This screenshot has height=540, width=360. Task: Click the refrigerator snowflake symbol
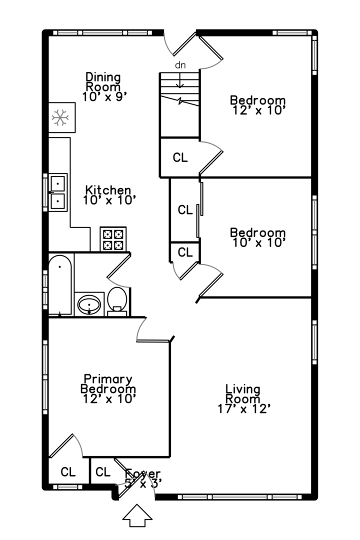click(x=60, y=118)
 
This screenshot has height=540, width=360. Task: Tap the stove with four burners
click(x=113, y=239)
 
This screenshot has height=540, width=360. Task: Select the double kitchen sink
click(x=58, y=192)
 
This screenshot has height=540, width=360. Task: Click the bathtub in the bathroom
click(x=60, y=284)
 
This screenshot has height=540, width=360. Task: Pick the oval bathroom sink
click(x=89, y=304)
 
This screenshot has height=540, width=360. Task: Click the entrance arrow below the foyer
click(x=137, y=515)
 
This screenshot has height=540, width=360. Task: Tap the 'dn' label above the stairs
click(x=180, y=65)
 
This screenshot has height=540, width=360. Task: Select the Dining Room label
click(x=103, y=82)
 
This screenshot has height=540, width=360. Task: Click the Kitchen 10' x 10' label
click(x=108, y=195)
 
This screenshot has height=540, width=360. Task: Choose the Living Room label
click(x=243, y=394)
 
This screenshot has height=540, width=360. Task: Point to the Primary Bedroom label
click(x=108, y=384)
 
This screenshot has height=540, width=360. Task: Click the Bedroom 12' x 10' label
click(x=258, y=104)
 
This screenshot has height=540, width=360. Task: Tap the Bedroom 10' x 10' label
click(x=258, y=237)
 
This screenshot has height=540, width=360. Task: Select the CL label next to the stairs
click(x=180, y=157)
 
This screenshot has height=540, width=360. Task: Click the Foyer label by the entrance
click(x=144, y=473)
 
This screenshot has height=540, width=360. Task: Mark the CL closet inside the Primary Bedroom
click(x=68, y=471)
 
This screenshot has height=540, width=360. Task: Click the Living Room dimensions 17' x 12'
click(x=244, y=409)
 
